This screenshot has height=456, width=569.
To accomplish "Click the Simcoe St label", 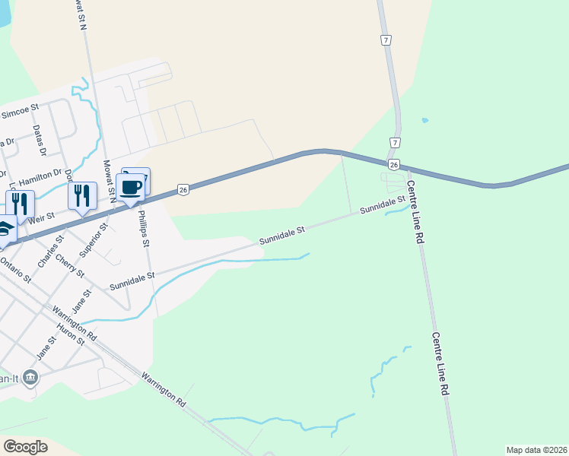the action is (x=20, y=113).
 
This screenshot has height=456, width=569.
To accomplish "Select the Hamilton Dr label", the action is (x=43, y=176).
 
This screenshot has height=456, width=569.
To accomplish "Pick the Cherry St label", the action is (x=70, y=264).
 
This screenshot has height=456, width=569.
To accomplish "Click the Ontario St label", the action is (x=15, y=270).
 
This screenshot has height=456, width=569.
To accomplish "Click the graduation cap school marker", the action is (x=4, y=228).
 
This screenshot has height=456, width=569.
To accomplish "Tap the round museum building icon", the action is (x=30, y=376).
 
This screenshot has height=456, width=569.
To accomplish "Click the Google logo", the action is (x=25, y=447).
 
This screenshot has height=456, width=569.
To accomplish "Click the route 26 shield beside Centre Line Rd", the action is (x=393, y=165).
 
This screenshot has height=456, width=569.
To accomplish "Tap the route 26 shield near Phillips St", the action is (x=183, y=190).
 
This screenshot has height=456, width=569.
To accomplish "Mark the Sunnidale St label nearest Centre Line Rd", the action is (x=383, y=205).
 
